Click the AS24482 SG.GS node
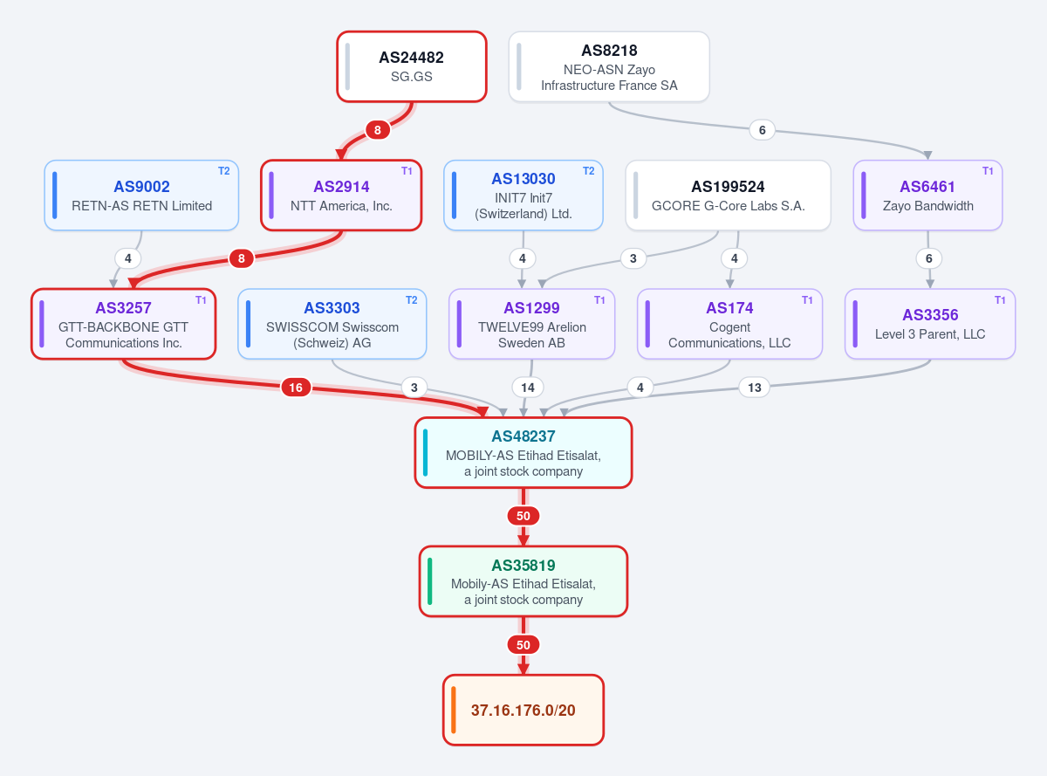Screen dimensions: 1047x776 [x=411, y=66]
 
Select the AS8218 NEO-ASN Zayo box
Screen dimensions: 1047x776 [x=609, y=66]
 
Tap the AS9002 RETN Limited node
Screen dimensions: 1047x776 [x=141, y=195]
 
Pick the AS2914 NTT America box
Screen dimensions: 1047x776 [x=341, y=195]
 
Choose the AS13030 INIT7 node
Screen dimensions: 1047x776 [x=523, y=195]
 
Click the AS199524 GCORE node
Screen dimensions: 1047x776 [x=728, y=195]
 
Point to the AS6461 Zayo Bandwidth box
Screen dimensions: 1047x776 [x=927, y=195]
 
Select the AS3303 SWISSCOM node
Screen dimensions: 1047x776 [x=332, y=324]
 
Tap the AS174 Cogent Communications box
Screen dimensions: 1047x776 [x=729, y=324]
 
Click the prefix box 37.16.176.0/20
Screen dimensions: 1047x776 [x=523, y=710]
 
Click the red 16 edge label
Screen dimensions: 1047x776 [x=296, y=388]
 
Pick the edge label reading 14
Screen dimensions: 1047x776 [x=528, y=388]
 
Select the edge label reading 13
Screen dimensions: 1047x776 [x=755, y=388]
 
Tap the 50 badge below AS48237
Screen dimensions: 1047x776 [x=523, y=516]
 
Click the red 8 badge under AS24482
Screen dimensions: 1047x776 [x=378, y=130]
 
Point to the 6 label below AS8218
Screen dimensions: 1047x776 [x=762, y=130]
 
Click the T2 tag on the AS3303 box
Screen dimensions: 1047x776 [x=411, y=300]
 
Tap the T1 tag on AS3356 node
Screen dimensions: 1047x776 [x=1000, y=300]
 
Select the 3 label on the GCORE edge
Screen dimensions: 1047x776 [x=633, y=258]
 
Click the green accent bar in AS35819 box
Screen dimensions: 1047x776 [x=429, y=581]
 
